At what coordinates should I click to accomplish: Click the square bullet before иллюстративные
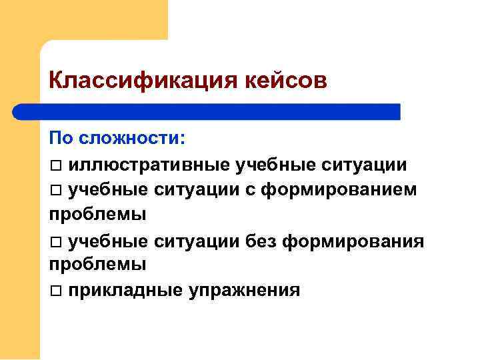point(55,165)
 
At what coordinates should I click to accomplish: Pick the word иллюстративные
point(150,164)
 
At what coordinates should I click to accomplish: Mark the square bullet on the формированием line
point(55,190)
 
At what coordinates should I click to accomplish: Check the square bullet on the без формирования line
point(55,241)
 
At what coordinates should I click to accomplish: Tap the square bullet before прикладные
point(55,291)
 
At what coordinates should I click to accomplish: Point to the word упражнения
point(245,290)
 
